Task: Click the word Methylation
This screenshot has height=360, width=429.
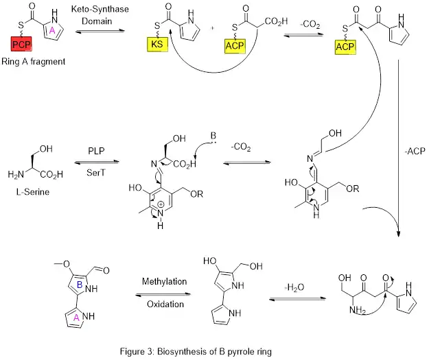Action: point(164,282)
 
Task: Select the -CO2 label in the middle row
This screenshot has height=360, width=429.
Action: point(240,146)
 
